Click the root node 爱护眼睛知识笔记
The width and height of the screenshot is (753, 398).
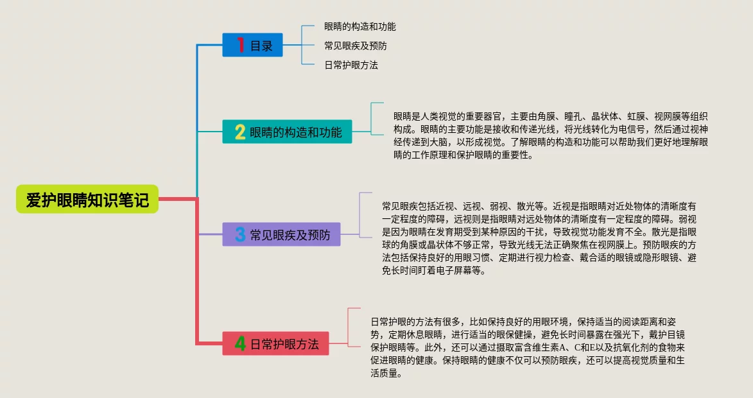(x=87, y=200)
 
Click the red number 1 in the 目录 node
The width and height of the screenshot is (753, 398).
(x=241, y=45)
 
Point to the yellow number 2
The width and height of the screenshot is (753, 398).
(x=239, y=132)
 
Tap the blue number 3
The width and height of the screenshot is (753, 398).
(x=240, y=235)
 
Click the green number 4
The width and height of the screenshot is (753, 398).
(x=239, y=344)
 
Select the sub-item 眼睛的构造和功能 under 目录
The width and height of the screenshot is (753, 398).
(x=359, y=27)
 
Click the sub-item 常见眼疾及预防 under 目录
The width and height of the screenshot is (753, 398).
(x=355, y=46)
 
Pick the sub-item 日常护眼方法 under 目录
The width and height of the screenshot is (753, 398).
(x=351, y=65)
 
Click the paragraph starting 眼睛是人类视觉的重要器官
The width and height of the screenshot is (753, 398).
(x=551, y=135)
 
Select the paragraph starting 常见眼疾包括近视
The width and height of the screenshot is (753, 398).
(x=539, y=238)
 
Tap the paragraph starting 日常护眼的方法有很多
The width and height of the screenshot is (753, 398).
(x=528, y=347)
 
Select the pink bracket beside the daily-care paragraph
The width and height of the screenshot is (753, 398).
(x=349, y=344)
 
